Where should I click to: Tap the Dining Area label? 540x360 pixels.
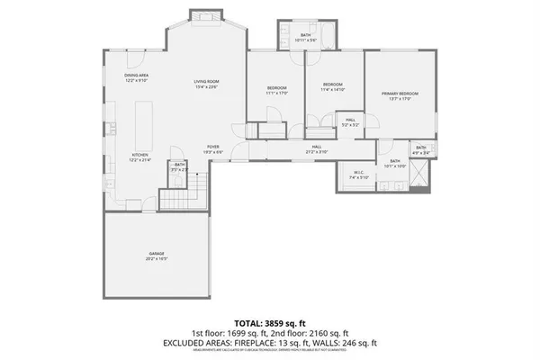(136, 77)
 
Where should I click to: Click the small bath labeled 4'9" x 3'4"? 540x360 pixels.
(421, 149)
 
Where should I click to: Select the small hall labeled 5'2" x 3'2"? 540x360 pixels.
(349, 122)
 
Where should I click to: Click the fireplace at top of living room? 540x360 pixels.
(199, 17)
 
